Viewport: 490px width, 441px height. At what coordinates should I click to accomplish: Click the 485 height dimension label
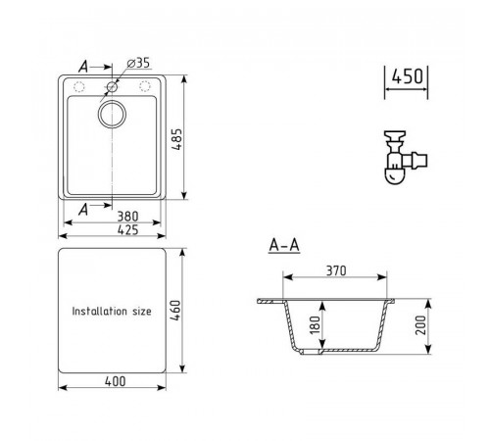point(177,139)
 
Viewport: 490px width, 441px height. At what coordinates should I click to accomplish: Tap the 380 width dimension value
point(127,217)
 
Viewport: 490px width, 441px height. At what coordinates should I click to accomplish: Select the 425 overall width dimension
point(127,230)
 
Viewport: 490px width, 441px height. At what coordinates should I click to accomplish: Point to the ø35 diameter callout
point(138,63)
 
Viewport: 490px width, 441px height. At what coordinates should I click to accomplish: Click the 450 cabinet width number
point(407,76)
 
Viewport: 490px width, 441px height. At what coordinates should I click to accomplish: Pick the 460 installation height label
point(175,311)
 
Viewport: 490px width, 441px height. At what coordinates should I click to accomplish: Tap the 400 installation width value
point(115,381)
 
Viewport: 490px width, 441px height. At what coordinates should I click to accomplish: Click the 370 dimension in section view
point(336,270)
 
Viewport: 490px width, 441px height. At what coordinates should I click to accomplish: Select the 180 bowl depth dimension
point(315,325)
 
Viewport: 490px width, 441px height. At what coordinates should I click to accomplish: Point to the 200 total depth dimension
point(420,325)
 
